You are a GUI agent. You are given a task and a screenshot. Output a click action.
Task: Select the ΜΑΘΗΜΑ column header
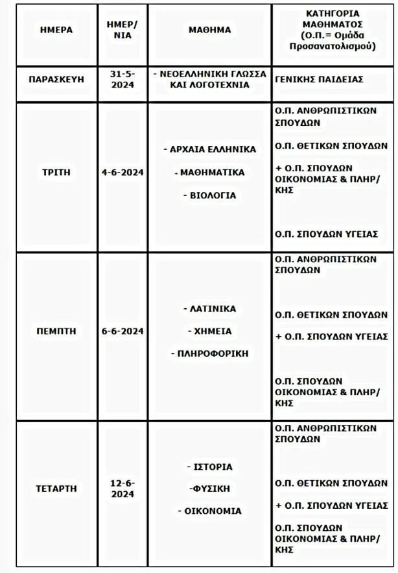point(209,30)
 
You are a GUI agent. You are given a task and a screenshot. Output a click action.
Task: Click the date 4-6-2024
point(123,173)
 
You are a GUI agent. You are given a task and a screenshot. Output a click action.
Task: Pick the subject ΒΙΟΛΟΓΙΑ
point(210,195)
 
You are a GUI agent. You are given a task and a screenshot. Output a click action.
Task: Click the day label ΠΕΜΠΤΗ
point(56,331)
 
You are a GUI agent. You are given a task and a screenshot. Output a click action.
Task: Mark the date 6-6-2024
point(123,331)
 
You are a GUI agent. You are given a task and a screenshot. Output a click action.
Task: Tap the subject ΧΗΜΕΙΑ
point(210,331)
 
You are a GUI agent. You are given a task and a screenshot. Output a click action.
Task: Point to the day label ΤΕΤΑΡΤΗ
point(56,488)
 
